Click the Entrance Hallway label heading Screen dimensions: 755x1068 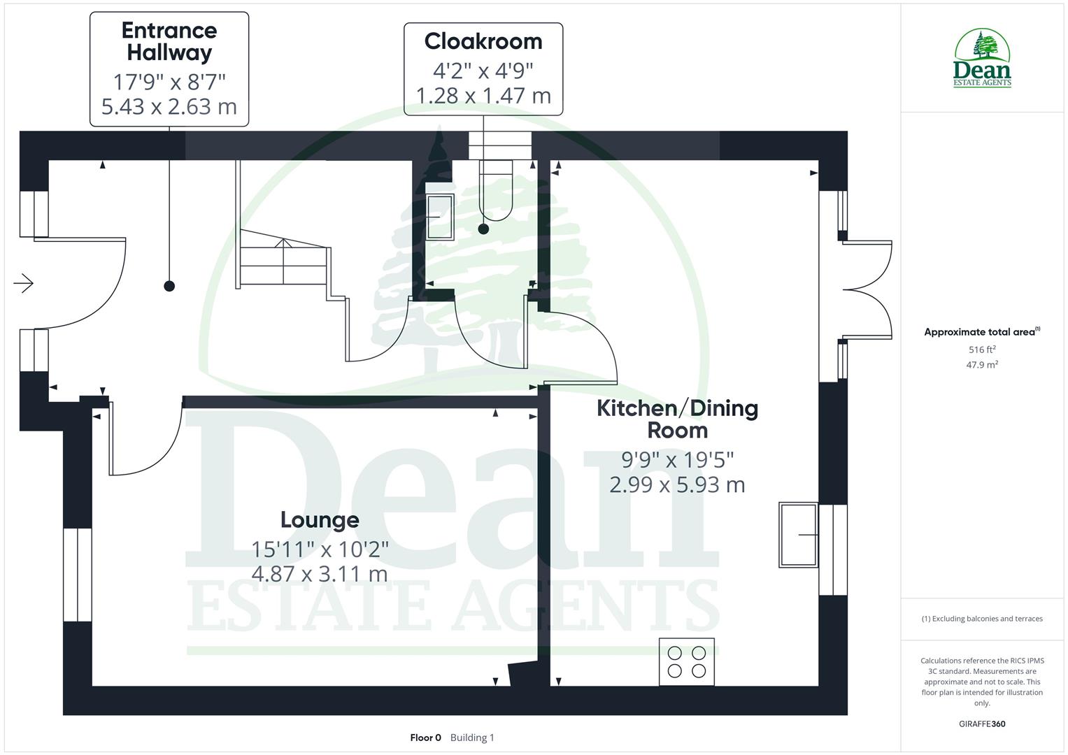click(169, 41)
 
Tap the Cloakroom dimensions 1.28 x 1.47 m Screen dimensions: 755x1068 click(483, 95)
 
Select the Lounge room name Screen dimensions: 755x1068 click(320, 520)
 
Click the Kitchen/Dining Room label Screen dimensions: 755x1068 click(677, 419)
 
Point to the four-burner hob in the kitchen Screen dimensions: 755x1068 click(686, 661)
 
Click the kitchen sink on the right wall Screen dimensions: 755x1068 click(798, 535)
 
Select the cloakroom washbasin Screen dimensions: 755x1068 click(439, 217)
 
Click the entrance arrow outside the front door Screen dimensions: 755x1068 click(23, 283)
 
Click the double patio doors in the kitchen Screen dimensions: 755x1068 click(867, 290)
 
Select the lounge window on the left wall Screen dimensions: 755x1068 click(77, 575)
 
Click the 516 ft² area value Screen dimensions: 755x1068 click(982, 350)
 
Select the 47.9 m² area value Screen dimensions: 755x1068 click(982, 364)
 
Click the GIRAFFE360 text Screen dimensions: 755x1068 click(982, 724)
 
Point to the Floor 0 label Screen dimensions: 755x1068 click(425, 738)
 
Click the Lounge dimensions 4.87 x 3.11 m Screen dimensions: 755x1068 click(320, 574)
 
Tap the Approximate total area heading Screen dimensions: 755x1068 click(981, 332)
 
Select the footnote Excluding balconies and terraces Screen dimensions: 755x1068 click(982, 619)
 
